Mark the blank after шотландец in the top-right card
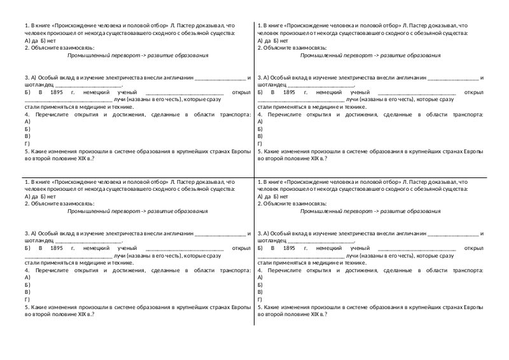coord(321,84)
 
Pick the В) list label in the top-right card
coord(260,136)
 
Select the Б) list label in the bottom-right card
coord(260,285)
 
